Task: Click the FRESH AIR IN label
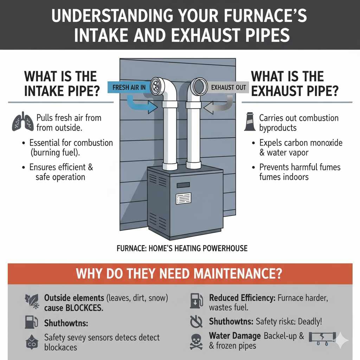pyautogui.click(x=129, y=87)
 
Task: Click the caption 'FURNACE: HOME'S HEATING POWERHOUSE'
pyautogui.click(x=182, y=249)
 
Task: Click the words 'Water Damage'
pyautogui.click(x=235, y=336)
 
